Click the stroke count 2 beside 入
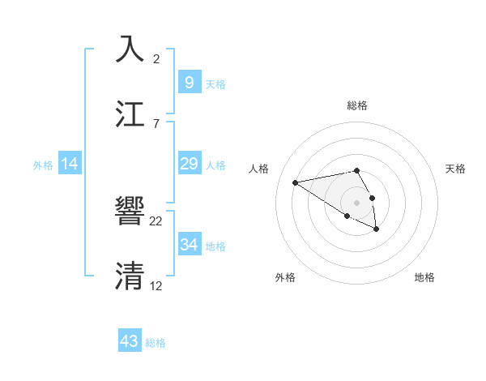[156, 58]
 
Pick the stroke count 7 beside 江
[156, 123]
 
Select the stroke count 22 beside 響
[156, 220]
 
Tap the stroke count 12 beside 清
[156, 286]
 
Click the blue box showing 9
[189, 83]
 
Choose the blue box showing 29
[189, 165]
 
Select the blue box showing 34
[189, 245]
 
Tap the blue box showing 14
[70, 165]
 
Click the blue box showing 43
[130, 341]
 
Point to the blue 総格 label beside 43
[156, 343]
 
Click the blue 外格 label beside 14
[43, 165]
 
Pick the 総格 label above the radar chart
[357, 105]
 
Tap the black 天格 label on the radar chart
[455, 169]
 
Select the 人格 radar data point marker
[296, 182]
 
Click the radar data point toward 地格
[377, 229]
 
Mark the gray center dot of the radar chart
[356, 202]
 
